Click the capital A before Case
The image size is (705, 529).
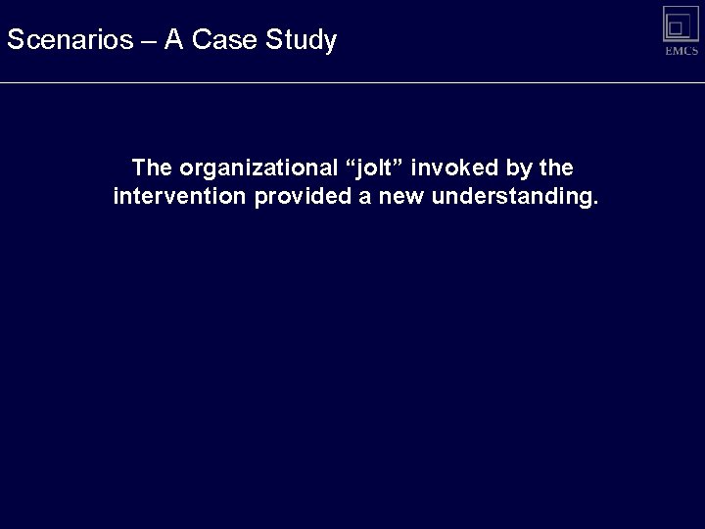pyautogui.click(x=174, y=40)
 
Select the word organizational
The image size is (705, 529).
pyautogui.click(x=255, y=168)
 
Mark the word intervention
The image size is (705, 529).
pyautogui.click(x=180, y=197)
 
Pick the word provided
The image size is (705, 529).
pyautogui.click(x=297, y=197)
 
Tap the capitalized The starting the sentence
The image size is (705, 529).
pyautogui.click(x=152, y=168)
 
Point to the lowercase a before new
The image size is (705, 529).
pyautogui.click(x=356, y=197)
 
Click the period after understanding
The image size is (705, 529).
pyautogui.click(x=593, y=203)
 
